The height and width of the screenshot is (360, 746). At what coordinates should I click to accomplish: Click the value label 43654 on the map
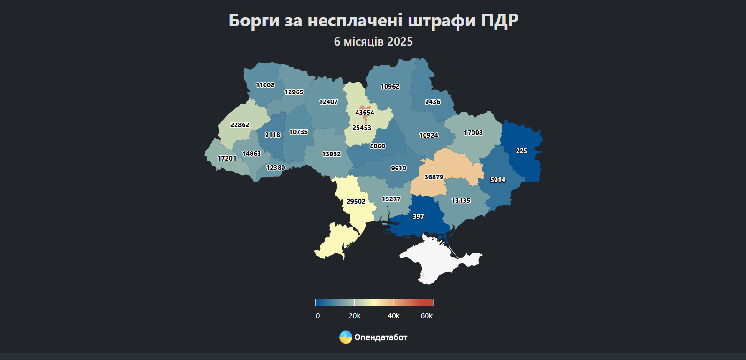tap(365, 113)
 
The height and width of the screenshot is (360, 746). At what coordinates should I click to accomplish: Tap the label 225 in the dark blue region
tap(521, 151)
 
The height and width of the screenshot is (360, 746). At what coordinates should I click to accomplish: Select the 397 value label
tap(418, 217)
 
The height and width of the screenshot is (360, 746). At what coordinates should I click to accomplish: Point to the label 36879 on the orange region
tap(434, 177)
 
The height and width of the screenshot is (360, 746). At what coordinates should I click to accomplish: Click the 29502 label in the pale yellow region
tap(356, 202)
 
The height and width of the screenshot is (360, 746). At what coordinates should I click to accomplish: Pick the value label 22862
tap(240, 125)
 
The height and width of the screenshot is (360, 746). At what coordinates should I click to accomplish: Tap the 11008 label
tap(265, 85)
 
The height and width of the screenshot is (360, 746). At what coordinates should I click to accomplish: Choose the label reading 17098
tap(473, 133)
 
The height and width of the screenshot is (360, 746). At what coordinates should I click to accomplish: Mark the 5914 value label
tap(498, 180)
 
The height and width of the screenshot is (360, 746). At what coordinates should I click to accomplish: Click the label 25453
tap(362, 128)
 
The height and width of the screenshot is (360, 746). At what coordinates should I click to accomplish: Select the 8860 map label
tap(377, 146)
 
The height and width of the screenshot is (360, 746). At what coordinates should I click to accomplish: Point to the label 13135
tap(461, 201)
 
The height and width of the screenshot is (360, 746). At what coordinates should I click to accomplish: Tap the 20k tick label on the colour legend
tap(355, 316)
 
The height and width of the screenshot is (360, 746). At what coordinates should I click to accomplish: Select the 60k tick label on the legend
tap(426, 316)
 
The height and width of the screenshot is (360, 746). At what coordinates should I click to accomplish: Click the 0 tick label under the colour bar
tap(318, 316)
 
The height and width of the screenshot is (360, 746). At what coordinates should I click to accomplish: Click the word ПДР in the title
tap(500, 21)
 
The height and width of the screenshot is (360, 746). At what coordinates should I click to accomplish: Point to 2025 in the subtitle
tap(400, 42)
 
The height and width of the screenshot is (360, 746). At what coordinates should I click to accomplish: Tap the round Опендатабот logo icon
tap(346, 337)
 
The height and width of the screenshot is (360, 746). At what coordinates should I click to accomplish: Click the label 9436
tap(433, 102)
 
